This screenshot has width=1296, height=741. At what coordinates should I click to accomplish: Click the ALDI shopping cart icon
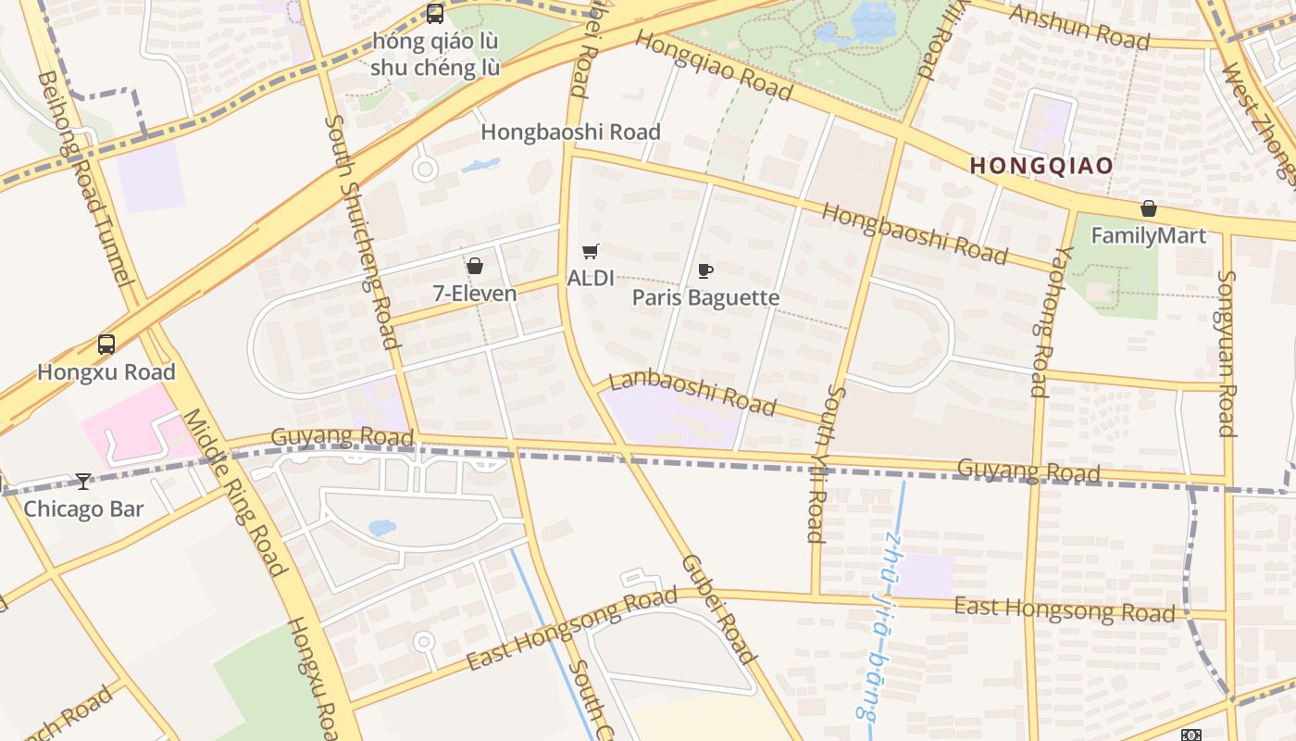pos(590,251)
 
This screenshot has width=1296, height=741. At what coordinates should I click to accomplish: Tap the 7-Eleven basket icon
pos(475,267)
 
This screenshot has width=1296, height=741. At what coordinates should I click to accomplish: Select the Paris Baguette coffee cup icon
pos(705,270)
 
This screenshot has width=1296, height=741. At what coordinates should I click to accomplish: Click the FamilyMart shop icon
pos(1148,208)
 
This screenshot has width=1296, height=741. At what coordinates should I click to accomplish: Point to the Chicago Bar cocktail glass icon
pos(83,481)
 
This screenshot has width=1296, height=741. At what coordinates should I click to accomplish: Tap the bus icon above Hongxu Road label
pos(106,345)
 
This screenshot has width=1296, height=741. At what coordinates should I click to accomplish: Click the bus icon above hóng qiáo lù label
pos(435,13)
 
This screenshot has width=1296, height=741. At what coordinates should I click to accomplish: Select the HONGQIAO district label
pos(1041,166)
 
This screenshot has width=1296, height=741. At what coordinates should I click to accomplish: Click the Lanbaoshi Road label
pos(692,391)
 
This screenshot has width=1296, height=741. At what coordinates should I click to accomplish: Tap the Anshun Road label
pos(1079,27)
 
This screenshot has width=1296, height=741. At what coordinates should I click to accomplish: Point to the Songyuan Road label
pos(1226,353)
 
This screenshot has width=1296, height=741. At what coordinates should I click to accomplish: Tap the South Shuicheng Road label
pos(363,232)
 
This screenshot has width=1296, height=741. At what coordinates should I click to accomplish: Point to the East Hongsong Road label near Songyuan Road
pos(1065,609)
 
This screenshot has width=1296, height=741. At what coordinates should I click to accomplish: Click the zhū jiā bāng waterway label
pos(878,625)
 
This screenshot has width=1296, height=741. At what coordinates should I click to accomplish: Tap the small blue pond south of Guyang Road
pos(381,528)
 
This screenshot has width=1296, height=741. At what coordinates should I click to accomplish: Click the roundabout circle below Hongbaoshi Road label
pos(425,170)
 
